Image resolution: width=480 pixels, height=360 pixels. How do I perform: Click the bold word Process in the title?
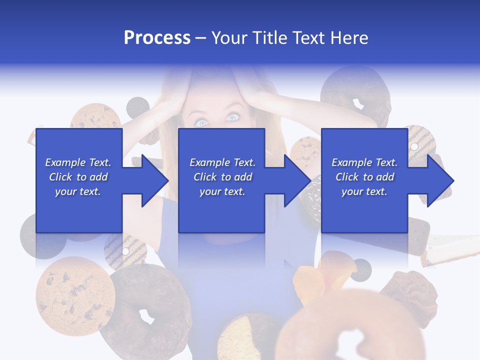(157, 38)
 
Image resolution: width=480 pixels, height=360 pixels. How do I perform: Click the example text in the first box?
(78, 177)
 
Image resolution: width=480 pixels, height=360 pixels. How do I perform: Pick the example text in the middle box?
(222, 177)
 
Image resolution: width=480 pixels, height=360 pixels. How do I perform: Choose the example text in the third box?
(364, 177)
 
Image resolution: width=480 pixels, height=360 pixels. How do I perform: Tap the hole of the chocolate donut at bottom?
(146, 316)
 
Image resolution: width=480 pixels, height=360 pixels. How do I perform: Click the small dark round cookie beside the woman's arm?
(137, 106)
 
